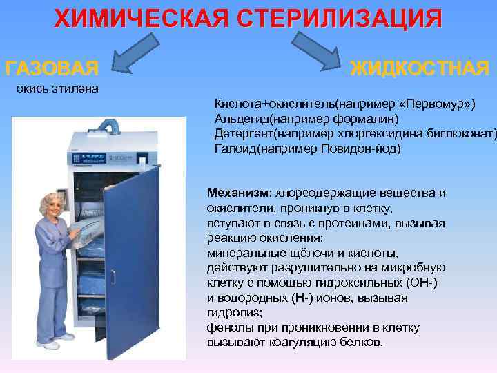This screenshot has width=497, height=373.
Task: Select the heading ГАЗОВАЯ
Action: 52,69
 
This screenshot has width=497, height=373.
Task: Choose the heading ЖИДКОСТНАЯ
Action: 420,68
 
